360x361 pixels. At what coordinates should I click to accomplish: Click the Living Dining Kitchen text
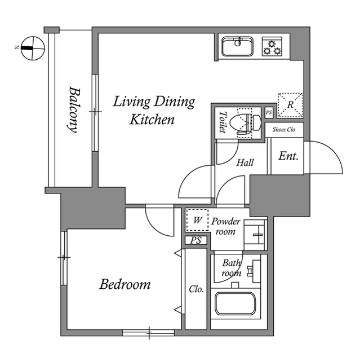point(153,111)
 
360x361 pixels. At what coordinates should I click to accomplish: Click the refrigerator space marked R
point(290,104)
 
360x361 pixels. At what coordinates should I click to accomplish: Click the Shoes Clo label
point(284,130)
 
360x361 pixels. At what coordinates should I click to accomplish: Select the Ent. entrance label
point(288,156)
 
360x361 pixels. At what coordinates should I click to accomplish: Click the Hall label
point(245,163)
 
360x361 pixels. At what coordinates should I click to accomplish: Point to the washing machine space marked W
point(197,221)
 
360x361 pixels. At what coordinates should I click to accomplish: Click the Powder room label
point(226,226)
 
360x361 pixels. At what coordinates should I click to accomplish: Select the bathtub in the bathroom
point(235,305)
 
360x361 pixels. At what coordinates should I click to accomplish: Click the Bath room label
point(231,268)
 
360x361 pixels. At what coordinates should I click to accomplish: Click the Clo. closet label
point(196,289)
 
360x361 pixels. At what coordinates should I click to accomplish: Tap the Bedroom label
point(125,284)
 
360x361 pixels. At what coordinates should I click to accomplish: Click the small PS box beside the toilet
point(269,113)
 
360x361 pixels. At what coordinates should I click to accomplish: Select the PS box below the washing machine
point(196,241)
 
